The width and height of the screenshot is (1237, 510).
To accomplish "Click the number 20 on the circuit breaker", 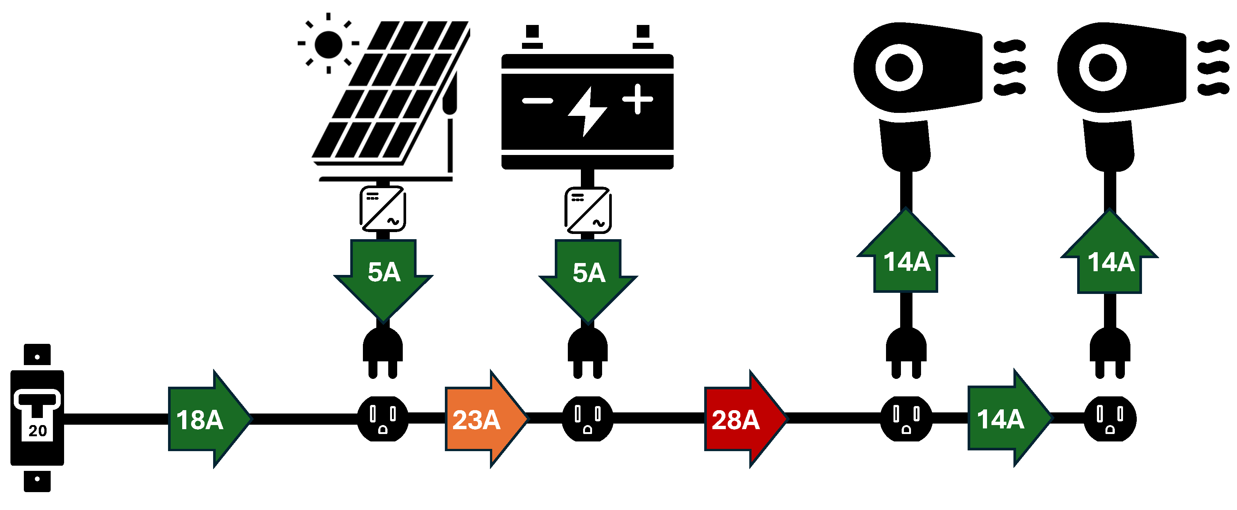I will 38,430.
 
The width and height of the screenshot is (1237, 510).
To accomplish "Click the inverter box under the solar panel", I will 383,209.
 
